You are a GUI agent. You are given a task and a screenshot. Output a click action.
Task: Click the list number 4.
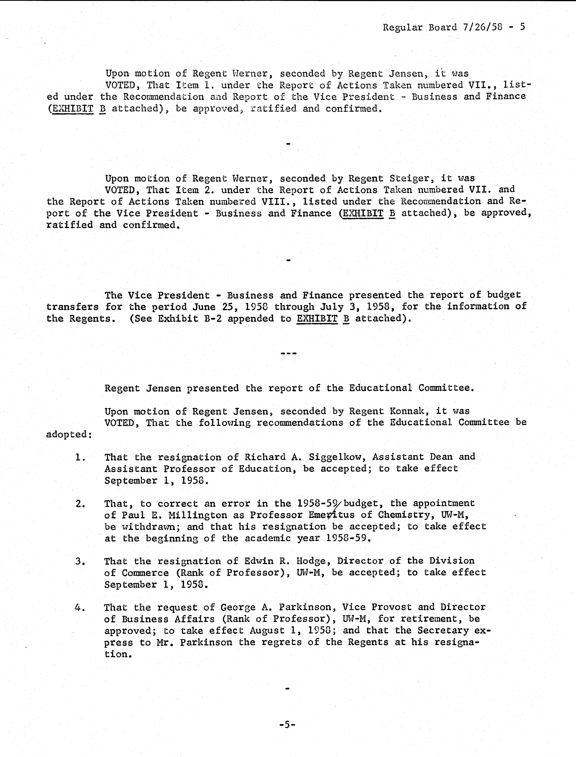tap(79, 607)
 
